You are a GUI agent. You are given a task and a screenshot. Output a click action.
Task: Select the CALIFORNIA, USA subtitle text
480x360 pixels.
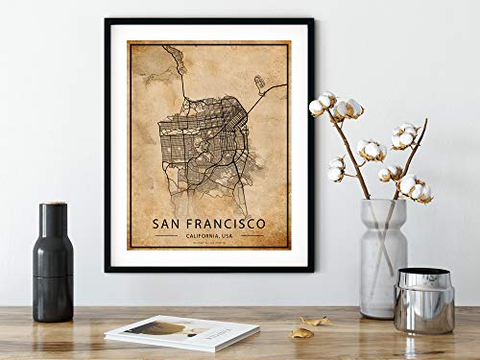click(x=208, y=235)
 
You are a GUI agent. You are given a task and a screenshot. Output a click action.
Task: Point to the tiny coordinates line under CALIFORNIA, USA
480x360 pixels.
click(x=208, y=244)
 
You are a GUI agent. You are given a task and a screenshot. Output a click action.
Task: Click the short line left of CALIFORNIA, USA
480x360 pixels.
click(x=165, y=236)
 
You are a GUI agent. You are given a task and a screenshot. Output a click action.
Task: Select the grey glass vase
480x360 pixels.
click(x=382, y=257)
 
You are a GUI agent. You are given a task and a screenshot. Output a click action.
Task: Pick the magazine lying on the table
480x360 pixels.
click(x=181, y=332)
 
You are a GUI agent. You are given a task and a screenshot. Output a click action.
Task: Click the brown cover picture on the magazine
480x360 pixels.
click(x=158, y=327)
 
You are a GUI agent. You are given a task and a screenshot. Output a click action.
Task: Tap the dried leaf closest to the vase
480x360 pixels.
click(x=314, y=321)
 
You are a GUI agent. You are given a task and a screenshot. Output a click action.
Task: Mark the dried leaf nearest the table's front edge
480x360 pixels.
click(x=301, y=332)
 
